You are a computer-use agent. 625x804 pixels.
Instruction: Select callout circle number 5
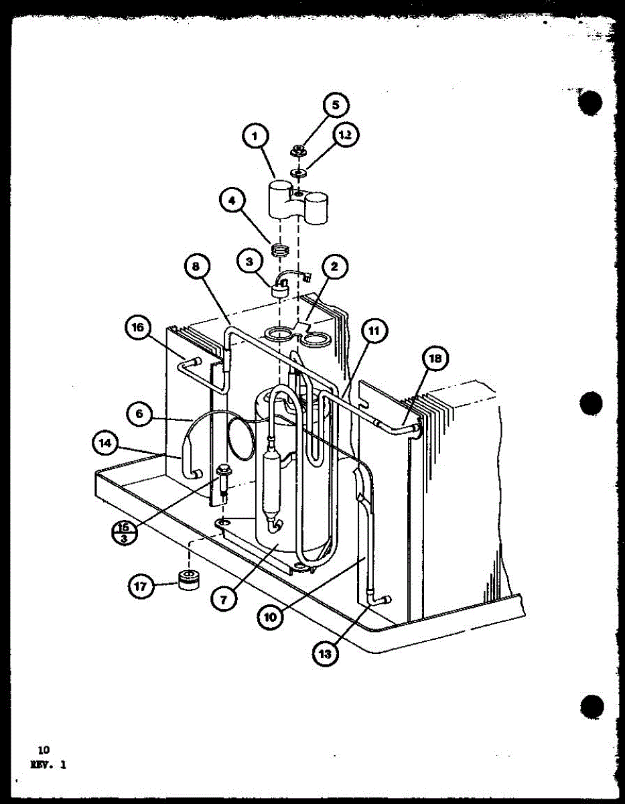(x=336, y=106)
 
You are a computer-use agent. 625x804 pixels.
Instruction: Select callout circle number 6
(x=139, y=414)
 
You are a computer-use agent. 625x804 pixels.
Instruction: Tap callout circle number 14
(x=108, y=444)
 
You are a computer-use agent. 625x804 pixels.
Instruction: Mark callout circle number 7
(x=226, y=598)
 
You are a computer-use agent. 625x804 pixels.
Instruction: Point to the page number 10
(x=44, y=750)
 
